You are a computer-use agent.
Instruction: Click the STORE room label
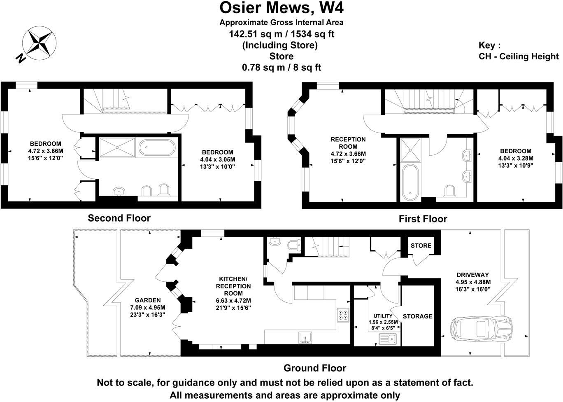coord(421,246)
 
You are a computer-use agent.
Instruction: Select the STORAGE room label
coord(417,316)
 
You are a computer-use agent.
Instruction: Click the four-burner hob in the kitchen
coord(343,315)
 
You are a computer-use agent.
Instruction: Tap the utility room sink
coord(387,339)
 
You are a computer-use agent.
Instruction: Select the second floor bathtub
coord(157,148)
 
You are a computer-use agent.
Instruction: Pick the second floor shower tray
coord(117,147)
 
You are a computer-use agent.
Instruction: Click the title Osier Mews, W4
coord(281,8)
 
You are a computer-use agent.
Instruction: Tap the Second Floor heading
coord(119,218)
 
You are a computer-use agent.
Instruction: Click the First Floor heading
coord(423,219)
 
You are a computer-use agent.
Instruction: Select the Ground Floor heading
coord(315,368)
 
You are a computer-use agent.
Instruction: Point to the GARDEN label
coord(148,300)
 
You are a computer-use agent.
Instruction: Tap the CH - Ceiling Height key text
coord(519,56)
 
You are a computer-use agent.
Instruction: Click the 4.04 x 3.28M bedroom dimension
coord(516,158)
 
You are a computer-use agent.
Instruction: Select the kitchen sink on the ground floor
coord(305,337)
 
